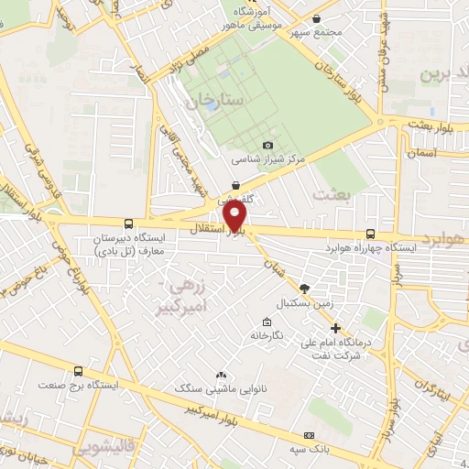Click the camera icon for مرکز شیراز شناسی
267,145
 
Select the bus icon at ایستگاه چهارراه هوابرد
370,234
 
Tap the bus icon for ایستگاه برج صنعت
79,372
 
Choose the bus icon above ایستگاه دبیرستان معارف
127,223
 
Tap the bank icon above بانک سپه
309,434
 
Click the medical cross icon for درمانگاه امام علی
335,328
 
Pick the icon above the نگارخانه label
266,322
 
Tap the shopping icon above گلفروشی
236,184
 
